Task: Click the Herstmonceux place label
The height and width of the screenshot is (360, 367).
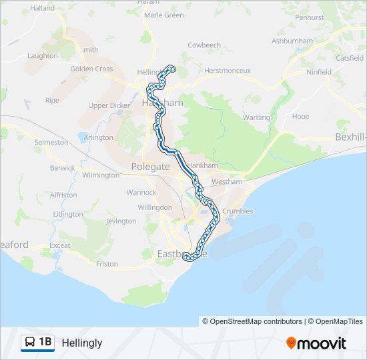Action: pyautogui.click(x=227, y=70)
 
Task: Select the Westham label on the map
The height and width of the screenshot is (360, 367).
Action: pyautogui.click(x=225, y=181)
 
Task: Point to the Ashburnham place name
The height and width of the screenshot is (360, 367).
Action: pyautogui.click(x=292, y=41)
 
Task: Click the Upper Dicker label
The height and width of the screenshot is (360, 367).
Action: pyautogui.click(x=109, y=105)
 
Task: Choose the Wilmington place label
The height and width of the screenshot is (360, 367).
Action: pyautogui.click(x=101, y=175)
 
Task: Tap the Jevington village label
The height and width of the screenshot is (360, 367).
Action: pyautogui.click(x=121, y=221)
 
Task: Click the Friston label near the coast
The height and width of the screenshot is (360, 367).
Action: pyautogui.click(x=107, y=264)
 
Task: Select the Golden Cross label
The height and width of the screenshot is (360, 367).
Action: pyautogui.click(x=91, y=69)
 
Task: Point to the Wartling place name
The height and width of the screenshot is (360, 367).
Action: pyautogui.click(x=257, y=118)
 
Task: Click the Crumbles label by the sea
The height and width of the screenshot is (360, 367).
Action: pyautogui.click(x=238, y=211)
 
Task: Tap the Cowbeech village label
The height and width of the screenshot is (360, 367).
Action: pyautogui.click(x=204, y=45)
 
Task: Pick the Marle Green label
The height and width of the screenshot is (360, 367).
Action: pyautogui.click(x=163, y=15)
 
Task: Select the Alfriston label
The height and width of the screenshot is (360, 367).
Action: pyautogui.click(x=63, y=195)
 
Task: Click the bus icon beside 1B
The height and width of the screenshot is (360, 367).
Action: pyautogui.click(x=30, y=343)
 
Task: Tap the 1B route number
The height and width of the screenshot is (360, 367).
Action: pyautogui.click(x=45, y=343)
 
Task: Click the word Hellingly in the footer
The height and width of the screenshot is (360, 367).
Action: pyautogui.click(x=82, y=343)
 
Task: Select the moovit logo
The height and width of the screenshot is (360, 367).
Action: pyautogui.click(x=316, y=343)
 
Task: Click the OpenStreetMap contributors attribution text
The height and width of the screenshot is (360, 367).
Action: pyautogui.click(x=256, y=321)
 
